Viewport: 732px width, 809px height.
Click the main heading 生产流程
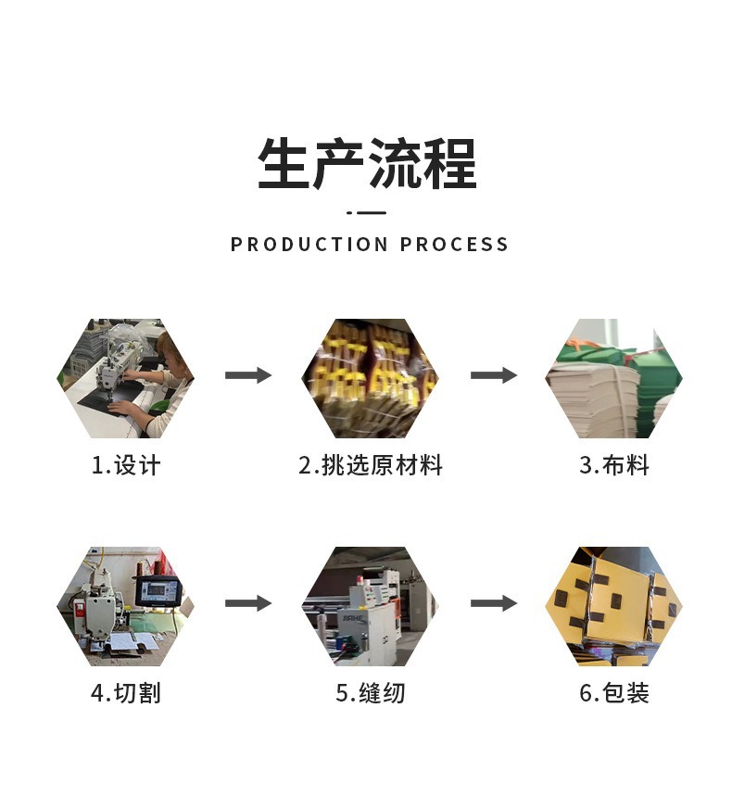pyautogui.click(x=367, y=164)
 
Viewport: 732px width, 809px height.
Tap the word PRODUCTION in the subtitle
pyautogui.click(x=309, y=245)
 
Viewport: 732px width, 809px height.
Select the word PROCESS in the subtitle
pyautogui.click(x=455, y=245)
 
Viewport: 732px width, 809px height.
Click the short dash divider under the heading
pyautogui.click(x=367, y=212)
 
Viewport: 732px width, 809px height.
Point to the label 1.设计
pyautogui.click(x=125, y=465)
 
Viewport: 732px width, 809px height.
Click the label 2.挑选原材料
pyautogui.click(x=371, y=465)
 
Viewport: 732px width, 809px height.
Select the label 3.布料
pyautogui.click(x=613, y=465)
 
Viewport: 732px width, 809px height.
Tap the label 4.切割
pyautogui.click(x=125, y=692)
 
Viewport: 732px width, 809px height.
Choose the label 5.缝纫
pyautogui.click(x=371, y=692)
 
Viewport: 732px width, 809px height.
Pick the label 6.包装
pyautogui.click(x=613, y=692)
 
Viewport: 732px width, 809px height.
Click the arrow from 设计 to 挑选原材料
pyautogui.click(x=247, y=375)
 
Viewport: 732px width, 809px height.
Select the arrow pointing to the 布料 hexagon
pyautogui.click(x=493, y=375)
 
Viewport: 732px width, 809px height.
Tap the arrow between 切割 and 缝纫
pyautogui.click(x=247, y=603)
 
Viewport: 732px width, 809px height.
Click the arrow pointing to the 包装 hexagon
pyautogui.click(x=493, y=603)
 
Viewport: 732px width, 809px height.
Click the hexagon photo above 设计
pyautogui.click(x=125, y=378)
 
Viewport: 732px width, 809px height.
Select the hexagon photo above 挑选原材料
pyautogui.click(x=371, y=378)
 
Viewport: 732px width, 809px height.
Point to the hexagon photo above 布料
pyautogui.click(x=613, y=378)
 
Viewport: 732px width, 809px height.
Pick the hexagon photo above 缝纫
pyautogui.click(x=371, y=606)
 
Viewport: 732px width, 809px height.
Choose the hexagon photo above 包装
pyautogui.click(x=613, y=606)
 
